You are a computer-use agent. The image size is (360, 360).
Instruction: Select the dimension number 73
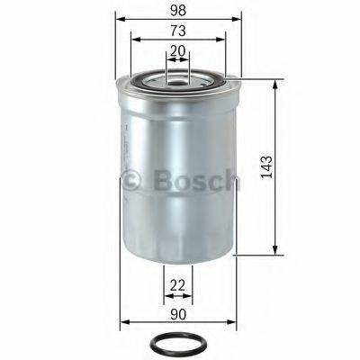tap(179, 31)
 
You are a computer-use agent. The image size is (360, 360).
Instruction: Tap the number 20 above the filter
tap(179, 52)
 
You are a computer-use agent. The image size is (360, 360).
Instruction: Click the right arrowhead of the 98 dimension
tap(239, 18)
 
